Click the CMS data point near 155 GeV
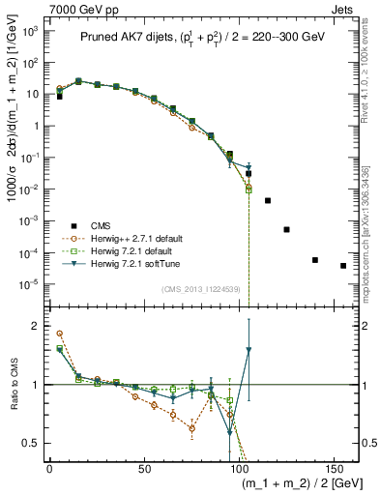[x=343, y=266]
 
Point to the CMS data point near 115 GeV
[x=268, y=200]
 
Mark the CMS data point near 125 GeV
[x=286, y=229]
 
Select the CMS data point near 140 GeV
[x=315, y=260]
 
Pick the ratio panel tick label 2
[x=38, y=327]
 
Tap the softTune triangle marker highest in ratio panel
[x=248, y=350]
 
